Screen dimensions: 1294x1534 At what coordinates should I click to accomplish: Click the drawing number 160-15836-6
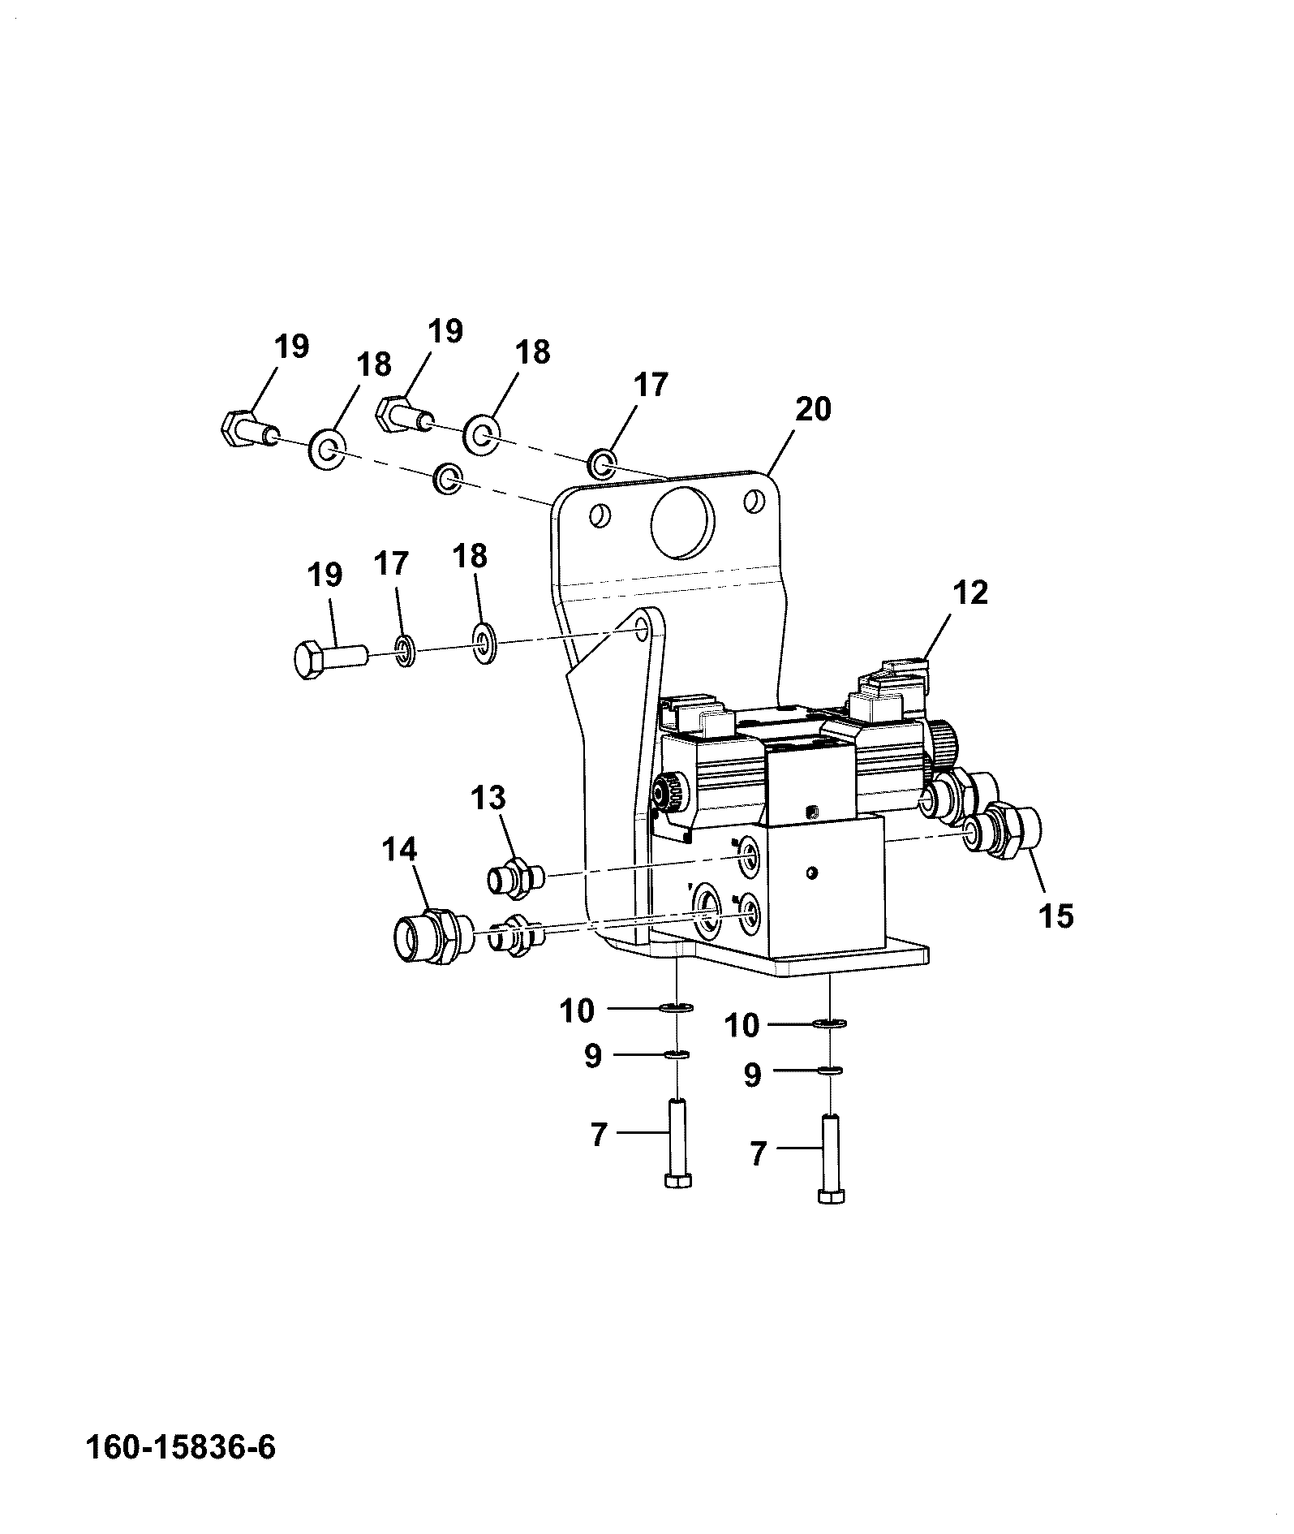(181, 1448)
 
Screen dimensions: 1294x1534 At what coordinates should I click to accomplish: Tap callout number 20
(813, 409)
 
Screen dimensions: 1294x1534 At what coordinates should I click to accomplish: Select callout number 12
(971, 592)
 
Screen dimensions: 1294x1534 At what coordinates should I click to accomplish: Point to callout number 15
(1055, 916)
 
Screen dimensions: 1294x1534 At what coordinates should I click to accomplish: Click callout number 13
(489, 797)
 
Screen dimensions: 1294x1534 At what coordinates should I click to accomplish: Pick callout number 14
(399, 850)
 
